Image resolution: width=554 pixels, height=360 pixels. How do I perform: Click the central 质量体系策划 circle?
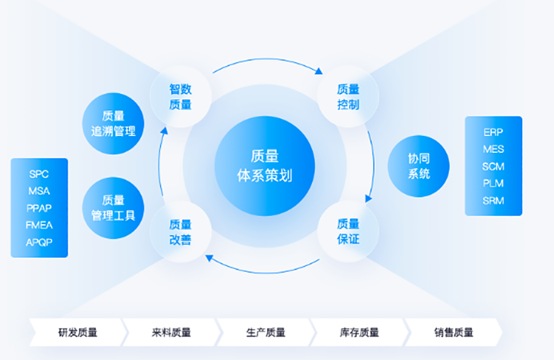click(265, 166)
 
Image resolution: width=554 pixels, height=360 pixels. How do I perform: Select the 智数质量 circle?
click(180, 97)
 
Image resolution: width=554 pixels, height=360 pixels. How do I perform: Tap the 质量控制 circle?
click(348, 97)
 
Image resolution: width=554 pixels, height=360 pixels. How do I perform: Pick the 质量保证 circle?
click(348, 231)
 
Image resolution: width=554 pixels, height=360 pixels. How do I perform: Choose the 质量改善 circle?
click(180, 232)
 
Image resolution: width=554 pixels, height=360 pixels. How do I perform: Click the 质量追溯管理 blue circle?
click(113, 124)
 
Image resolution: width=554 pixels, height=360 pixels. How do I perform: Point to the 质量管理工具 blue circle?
click(113, 208)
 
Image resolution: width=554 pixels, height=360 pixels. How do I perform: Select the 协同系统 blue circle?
click(419, 166)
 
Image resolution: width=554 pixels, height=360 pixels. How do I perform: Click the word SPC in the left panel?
click(39, 174)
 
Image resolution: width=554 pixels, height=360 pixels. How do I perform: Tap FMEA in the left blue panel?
click(39, 225)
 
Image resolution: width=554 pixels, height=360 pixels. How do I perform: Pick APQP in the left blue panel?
click(39, 242)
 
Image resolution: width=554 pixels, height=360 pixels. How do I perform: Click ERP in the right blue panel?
click(493, 132)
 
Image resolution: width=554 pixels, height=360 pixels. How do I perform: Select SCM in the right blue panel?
click(493, 166)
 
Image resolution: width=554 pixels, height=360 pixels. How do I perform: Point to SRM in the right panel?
click(493, 201)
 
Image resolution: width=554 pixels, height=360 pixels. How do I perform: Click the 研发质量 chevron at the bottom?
click(78, 332)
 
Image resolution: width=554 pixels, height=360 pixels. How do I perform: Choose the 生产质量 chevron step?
click(266, 332)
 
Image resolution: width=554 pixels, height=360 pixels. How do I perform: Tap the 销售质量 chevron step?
click(454, 332)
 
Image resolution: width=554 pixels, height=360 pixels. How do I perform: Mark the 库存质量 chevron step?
click(359, 332)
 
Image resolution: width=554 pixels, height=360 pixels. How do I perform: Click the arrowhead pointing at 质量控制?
click(319, 71)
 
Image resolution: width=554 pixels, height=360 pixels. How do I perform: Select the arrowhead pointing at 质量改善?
click(209, 258)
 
